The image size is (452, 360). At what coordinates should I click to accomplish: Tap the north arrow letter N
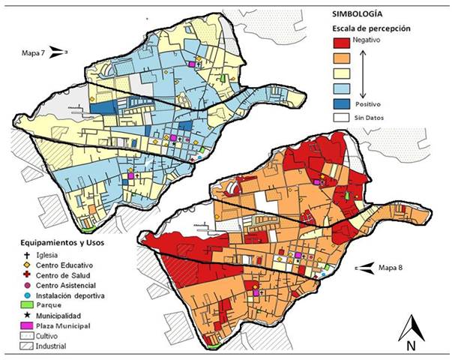(411, 346)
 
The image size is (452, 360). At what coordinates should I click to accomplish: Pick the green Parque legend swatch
(20, 306)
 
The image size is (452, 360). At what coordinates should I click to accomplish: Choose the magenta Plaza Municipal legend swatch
(20, 326)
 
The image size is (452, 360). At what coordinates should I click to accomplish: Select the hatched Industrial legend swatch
(20, 346)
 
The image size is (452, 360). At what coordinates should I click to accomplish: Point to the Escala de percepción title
(373, 28)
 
